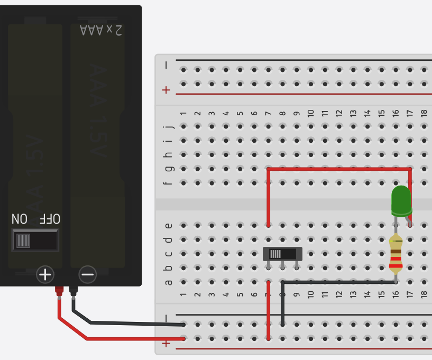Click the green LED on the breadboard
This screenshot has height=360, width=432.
[x=401, y=200]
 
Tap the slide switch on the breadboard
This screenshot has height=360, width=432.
[x=282, y=254]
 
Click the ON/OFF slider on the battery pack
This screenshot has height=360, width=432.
[x=35, y=241]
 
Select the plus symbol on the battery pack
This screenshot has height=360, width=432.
[x=45, y=274]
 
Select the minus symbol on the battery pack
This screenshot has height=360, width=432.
[x=87, y=274]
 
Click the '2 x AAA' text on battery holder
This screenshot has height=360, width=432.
[x=101, y=30]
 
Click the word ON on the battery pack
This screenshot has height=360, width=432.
[x=20, y=219]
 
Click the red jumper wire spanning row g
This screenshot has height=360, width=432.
[x=338, y=169]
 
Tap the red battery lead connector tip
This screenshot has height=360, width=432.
[x=59, y=291]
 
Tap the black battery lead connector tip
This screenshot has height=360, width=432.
[x=73, y=291]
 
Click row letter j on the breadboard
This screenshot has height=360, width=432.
[x=169, y=127]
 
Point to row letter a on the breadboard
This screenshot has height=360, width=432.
[x=169, y=282]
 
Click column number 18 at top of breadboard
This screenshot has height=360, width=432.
[x=424, y=113]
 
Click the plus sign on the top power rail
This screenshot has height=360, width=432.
[x=167, y=90]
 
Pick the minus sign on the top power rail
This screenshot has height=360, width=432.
[x=167, y=66]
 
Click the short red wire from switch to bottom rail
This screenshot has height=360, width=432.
[x=269, y=312]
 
